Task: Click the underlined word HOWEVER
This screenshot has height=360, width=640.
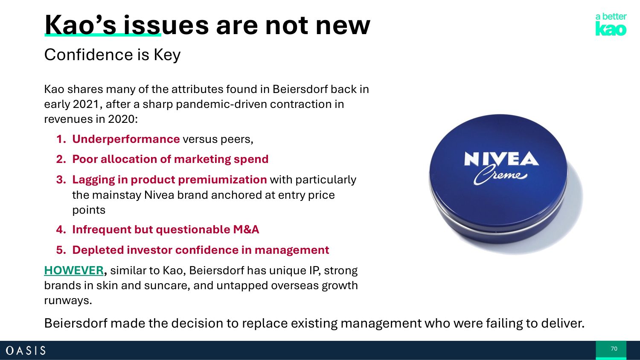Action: point(74,270)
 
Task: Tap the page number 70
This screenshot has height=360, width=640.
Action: point(614,348)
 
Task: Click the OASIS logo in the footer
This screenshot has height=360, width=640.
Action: point(26,350)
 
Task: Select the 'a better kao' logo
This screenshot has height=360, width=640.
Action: point(611,24)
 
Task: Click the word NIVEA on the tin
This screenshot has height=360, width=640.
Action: point(501,159)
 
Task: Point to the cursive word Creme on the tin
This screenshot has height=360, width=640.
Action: point(500,175)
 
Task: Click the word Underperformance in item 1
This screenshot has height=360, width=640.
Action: point(126,139)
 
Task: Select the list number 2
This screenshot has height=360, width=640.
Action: point(61,159)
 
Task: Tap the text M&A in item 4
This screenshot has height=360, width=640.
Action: point(246,229)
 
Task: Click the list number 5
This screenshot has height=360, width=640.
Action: point(61,250)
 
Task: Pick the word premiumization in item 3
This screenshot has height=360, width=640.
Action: point(222,180)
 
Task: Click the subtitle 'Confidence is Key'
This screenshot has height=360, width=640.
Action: point(112,55)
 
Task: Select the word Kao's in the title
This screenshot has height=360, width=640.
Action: point(80,25)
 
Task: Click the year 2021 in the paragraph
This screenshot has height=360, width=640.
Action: point(86,104)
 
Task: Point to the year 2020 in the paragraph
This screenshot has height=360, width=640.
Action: point(121,119)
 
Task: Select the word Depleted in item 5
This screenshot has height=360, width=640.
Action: point(98,250)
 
